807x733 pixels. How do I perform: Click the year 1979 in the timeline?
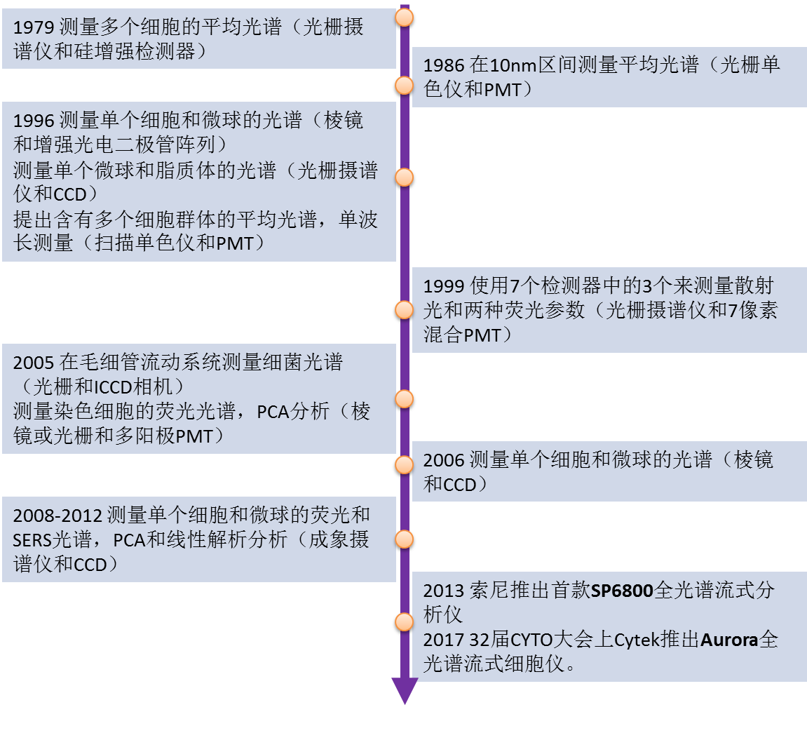[34, 27]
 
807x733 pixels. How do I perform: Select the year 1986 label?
[444, 65]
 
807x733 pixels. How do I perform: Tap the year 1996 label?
[34, 121]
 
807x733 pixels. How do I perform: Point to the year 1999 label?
[444, 285]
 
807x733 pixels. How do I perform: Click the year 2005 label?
[34, 363]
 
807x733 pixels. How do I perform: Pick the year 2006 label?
[444, 460]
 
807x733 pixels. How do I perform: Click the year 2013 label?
[444, 591]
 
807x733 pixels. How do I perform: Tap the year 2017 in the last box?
[444, 640]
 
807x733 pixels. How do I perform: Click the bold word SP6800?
[622, 591]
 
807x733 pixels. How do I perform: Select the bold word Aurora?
[729, 640]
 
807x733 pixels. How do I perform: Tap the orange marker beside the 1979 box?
[405, 18]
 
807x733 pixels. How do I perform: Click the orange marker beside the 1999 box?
[405, 310]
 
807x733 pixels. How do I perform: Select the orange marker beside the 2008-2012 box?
[405, 539]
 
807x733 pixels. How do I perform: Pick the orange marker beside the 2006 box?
[405, 465]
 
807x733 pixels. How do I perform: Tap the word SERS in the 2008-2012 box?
[33, 541]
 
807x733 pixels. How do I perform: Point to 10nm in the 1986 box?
[513, 65]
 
